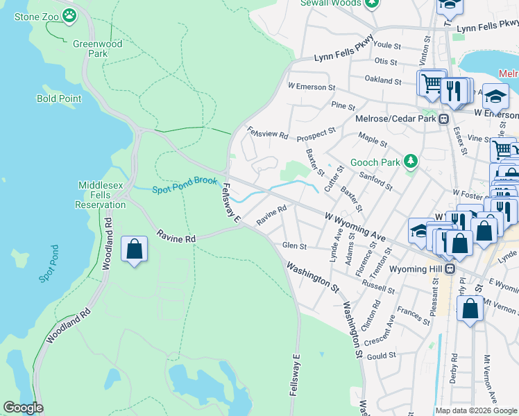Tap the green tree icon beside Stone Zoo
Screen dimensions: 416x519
coord(69,15)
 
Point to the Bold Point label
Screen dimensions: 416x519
coord(59,98)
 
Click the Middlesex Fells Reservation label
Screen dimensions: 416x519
coord(102,195)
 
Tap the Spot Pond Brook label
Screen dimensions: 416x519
coord(185,189)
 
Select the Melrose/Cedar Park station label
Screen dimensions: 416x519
coord(395,119)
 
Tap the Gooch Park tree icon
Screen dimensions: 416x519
coord(411,162)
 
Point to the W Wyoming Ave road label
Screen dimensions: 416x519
coord(355,227)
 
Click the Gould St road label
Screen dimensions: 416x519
coord(381,355)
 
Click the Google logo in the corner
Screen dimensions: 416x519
coord(23,408)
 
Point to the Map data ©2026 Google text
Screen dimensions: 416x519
coord(476,410)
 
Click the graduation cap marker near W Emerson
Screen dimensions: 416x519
coord(495,95)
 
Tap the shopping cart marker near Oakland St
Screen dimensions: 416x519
coord(431,83)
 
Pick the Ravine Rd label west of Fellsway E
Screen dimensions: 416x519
coord(176,237)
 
